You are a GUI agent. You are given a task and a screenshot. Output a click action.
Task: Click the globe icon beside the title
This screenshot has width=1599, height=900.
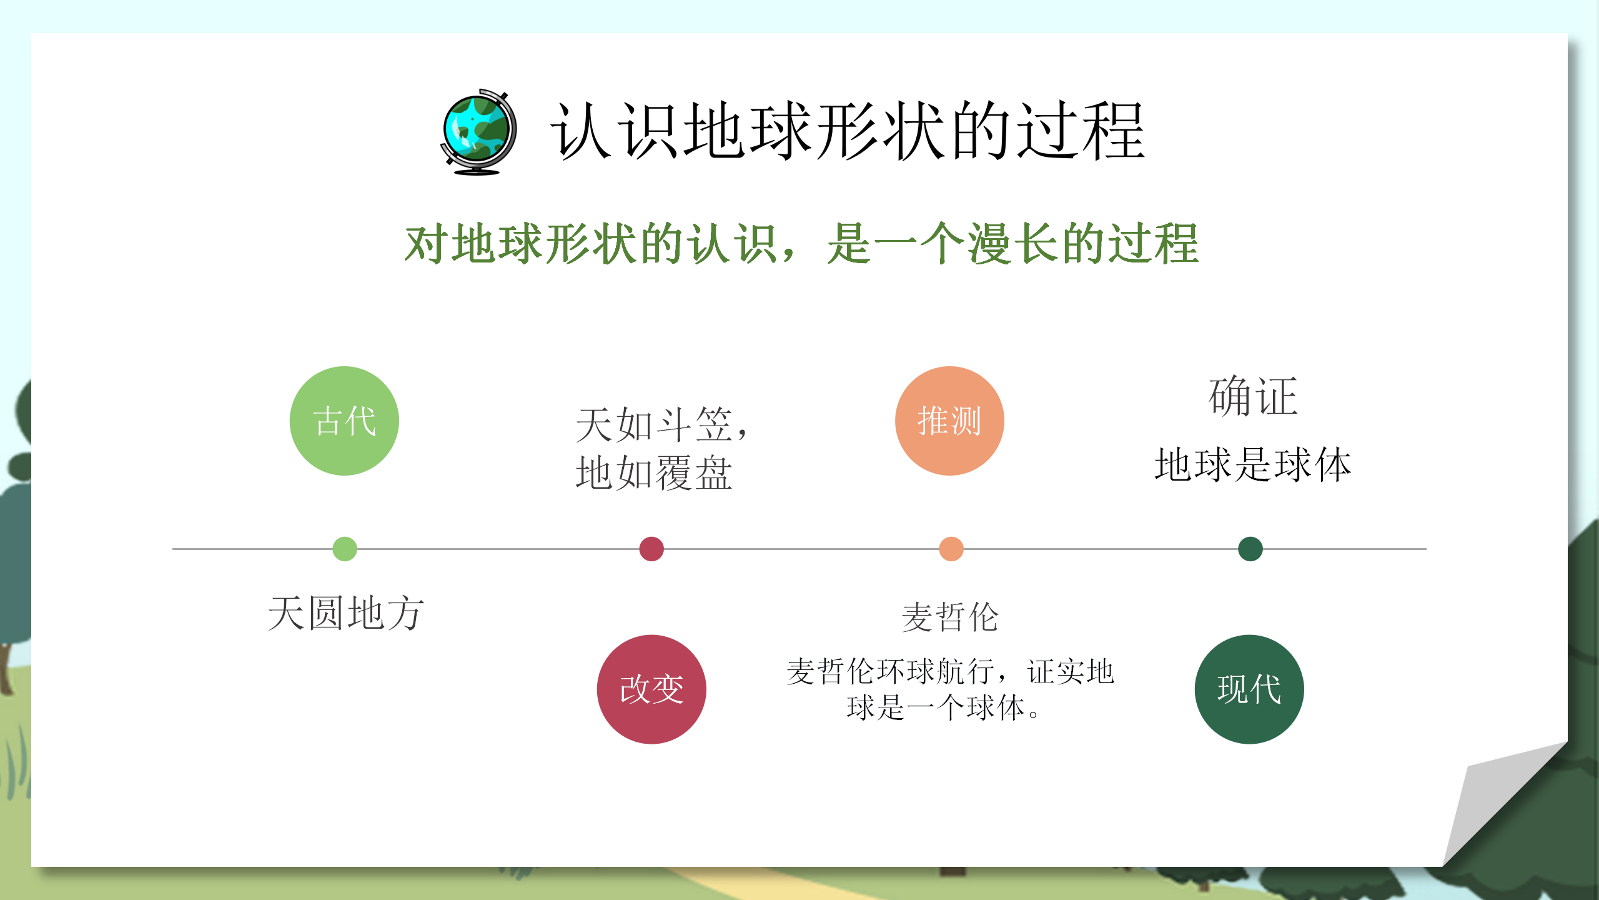pyautogui.click(x=478, y=132)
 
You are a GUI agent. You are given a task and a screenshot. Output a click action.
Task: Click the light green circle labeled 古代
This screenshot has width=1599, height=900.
pyautogui.click(x=344, y=421)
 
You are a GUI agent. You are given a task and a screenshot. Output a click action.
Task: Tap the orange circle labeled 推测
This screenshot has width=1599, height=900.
pyautogui.click(x=949, y=421)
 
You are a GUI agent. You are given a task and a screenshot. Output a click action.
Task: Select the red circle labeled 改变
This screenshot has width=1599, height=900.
pyautogui.click(x=651, y=689)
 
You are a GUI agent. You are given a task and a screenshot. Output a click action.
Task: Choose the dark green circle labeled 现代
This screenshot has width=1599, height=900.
pyautogui.click(x=1249, y=689)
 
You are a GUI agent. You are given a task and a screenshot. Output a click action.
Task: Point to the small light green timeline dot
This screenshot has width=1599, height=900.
pyautogui.click(x=345, y=549)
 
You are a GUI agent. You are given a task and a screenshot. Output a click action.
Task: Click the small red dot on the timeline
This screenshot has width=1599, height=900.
pyautogui.click(x=651, y=549)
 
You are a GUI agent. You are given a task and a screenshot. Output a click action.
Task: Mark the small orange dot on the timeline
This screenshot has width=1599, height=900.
pyautogui.click(x=951, y=549)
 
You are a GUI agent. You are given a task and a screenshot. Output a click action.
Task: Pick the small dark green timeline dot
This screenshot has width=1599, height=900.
pyautogui.click(x=1250, y=549)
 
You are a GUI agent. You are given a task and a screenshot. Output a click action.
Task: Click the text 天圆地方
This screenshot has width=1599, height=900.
pyautogui.click(x=346, y=613)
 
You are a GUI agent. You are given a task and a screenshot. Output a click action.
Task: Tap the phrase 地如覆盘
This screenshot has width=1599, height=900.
pyautogui.click(x=654, y=473)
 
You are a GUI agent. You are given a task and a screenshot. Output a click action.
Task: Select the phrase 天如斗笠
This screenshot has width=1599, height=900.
pyautogui.click(x=653, y=425)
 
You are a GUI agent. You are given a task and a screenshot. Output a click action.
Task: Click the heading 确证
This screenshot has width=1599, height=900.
pyautogui.click(x=1253, y=396)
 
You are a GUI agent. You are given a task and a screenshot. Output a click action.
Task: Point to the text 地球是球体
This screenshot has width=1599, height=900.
pyautogui.click(x=1253, y=464)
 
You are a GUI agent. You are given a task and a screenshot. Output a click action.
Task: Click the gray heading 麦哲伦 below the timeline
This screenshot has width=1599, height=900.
pyautogui.click(x=950, y=617)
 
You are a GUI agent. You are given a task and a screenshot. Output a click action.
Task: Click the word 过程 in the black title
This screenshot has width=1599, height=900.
pyautogui.click(x=1081, y=131)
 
